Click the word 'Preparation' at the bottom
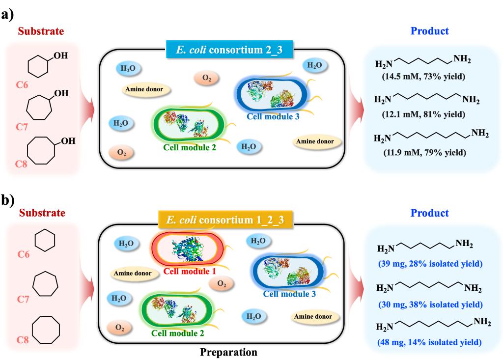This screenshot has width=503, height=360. pos(228,352)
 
